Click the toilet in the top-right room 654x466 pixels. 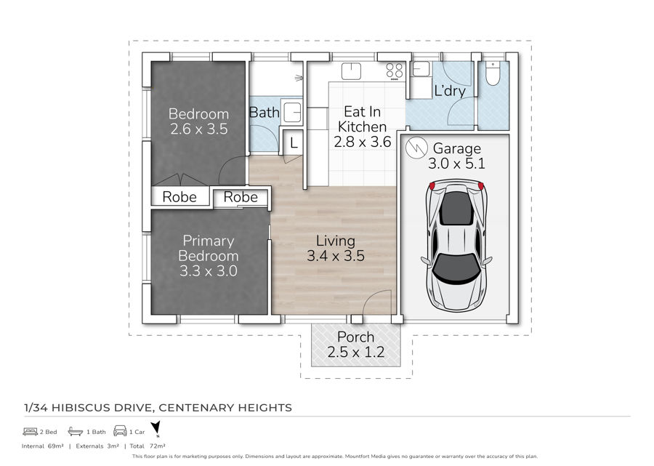click(x=493, y=73)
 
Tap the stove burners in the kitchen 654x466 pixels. click(x=395, y=71)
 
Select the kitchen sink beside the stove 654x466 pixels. click(x=351, y=71)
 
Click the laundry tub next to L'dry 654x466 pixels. click(x=421, y=69)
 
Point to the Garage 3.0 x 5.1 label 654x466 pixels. click(x=457, y=156)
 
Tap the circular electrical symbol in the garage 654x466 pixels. click(x=416, y=148)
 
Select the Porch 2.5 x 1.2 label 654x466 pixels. click(x=356, y=344)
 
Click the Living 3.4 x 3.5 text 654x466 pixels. click(x=336, y=248)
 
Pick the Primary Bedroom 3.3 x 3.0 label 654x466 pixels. click(x=208, y=256)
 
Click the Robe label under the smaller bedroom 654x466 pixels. click(x=179, y=197)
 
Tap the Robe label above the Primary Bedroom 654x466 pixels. click(x=241, y=197)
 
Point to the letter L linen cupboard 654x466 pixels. click(x=294, y=143)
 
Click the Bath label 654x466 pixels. click(x=264, y=112)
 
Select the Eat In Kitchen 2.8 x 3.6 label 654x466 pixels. click(x=362, y=126)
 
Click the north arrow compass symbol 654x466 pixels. click(x=156, y=428)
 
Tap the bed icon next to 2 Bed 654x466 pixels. click(x=31, y=431)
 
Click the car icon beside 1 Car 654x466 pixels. click(x=120, y=431)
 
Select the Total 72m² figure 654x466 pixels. click(x=148, y=446)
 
